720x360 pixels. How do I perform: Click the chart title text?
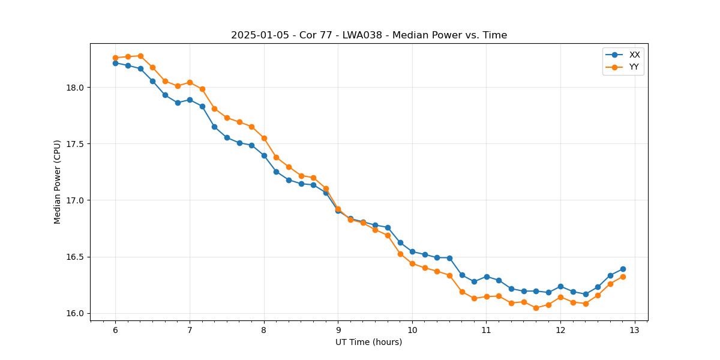[x=369, y=35]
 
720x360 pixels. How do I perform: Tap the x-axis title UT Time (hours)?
[x=368, y=342]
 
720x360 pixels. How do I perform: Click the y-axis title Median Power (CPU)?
[x=58, y=182]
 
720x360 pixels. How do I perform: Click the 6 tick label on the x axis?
[x=115, y=331]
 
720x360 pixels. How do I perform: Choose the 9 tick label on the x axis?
[x=338, y=331]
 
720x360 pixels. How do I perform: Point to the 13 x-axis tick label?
[x=635, y=331]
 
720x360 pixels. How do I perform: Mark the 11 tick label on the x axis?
[x=487, y=331]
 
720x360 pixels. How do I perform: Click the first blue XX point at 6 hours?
[x=115, y=63]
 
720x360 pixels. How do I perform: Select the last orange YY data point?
[x=623, y=277]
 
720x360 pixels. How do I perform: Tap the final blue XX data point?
[x=623, y=269]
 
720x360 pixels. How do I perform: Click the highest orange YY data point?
[x=140, y=56]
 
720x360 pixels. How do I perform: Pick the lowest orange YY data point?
[x=536, y=308]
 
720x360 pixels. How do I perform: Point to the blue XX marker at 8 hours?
[x=264, y=155]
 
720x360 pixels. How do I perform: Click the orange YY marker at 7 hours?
[x=190, y=82]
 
